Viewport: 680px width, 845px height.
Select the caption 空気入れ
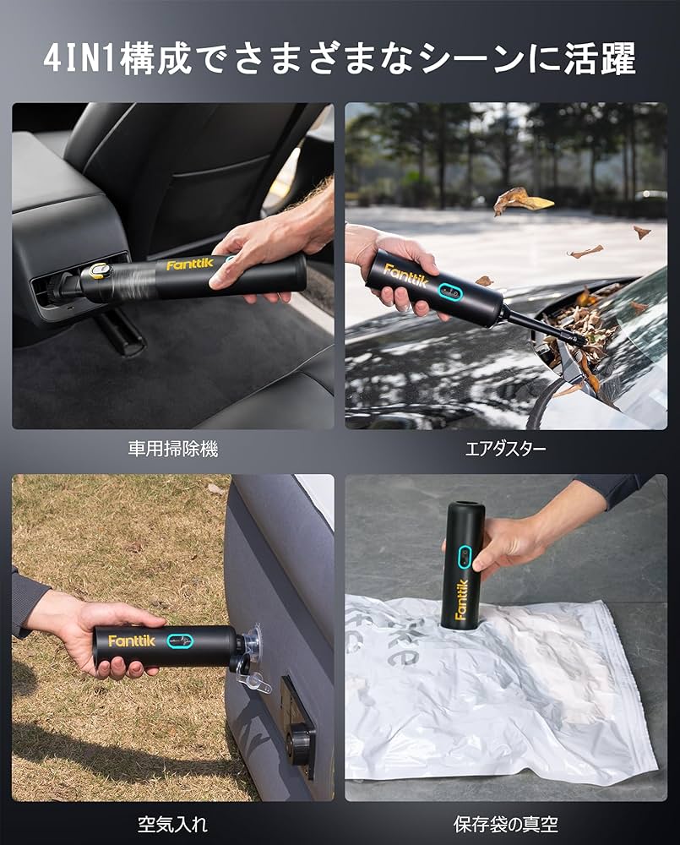[172, 823]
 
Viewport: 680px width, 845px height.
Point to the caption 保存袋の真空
[505, 823]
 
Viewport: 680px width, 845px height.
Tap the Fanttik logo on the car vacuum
[190, 264]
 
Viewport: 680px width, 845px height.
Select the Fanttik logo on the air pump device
[127, 641]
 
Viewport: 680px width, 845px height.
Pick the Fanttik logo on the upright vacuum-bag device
[461, 597]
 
